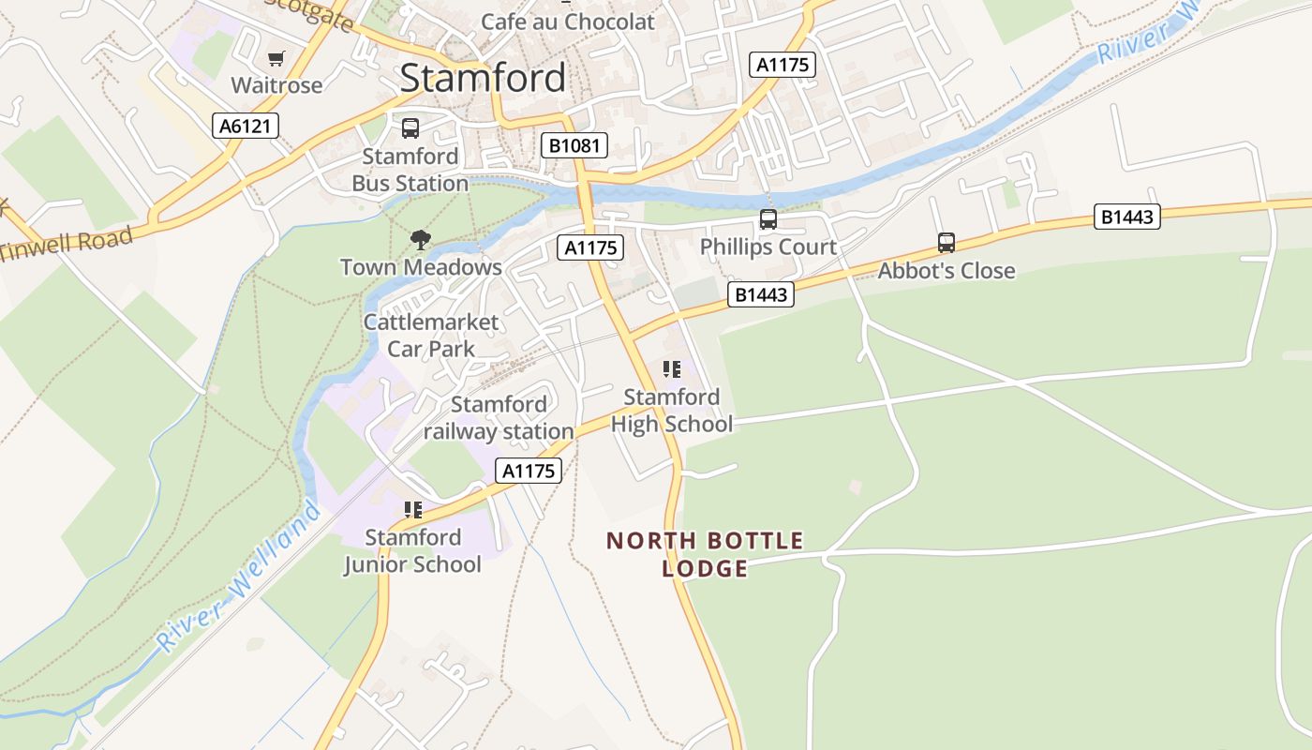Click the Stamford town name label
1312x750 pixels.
tap(483, 78)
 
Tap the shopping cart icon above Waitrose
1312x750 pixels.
tap(276, 59)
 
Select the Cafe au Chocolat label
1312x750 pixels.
tap(567, 22)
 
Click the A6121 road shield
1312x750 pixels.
tap(246, 126)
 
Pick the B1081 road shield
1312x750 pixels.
tap(574, 145)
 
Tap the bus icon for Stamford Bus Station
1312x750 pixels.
tap(410, 128)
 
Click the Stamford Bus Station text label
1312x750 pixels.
tap(410, 170)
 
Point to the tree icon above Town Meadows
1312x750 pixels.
tap(421, 240)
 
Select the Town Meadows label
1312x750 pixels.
tap(421, 267)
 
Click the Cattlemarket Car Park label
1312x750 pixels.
tap(431, 336)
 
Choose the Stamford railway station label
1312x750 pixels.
tap(499, 418)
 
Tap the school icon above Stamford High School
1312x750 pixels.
tap(671, 369)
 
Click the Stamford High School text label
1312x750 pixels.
tap(672, 411)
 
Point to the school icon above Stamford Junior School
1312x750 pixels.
tap(413, 510)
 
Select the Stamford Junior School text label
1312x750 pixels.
tap(412, 551)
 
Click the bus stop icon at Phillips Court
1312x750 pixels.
tap(768, 219)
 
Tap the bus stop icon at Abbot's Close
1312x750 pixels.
tap(947, 243)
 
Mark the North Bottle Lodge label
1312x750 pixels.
tap(705, 554)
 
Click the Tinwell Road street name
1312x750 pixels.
tap(66, 246)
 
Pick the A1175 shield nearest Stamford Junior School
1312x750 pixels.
tap(529, 471)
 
